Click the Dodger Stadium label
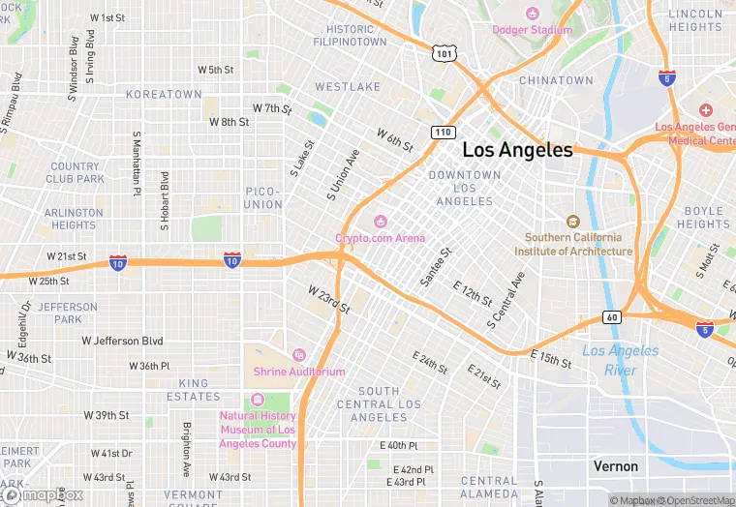pos(532,29)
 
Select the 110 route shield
pos(443,132)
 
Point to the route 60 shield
pos(611,316)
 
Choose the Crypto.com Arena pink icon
pos(380,222)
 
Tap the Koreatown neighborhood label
pos(164,95)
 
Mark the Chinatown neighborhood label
pos(555,80)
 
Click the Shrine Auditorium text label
pos(299,372)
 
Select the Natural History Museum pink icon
pos(257,400)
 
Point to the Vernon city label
pos(616,466)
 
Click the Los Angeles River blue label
pos(620,361)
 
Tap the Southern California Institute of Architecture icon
pos(572,222)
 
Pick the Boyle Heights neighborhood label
pos(703,218)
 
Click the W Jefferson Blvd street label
pos(123,341)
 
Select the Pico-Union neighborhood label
pos(262,198)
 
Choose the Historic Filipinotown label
pos(350,36)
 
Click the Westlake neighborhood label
pos(348,87)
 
